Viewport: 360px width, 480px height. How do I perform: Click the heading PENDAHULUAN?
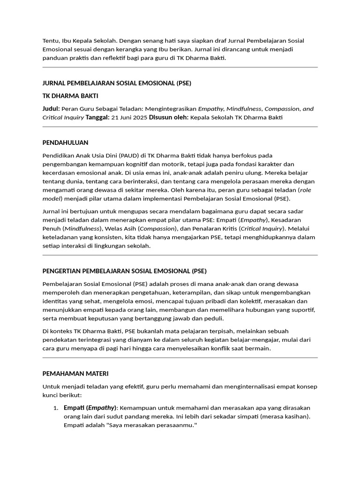pos(65,142)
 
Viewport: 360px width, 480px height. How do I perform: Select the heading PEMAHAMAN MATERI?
pos(75,374)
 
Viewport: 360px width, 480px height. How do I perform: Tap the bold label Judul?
pos(51,109)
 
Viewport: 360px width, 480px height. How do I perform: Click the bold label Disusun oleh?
pos(168,117)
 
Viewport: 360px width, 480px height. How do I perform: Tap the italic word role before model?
pos(305,190)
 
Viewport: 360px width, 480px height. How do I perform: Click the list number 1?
pos(55,408)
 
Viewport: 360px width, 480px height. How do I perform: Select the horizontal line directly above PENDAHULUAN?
pos(180,127)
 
